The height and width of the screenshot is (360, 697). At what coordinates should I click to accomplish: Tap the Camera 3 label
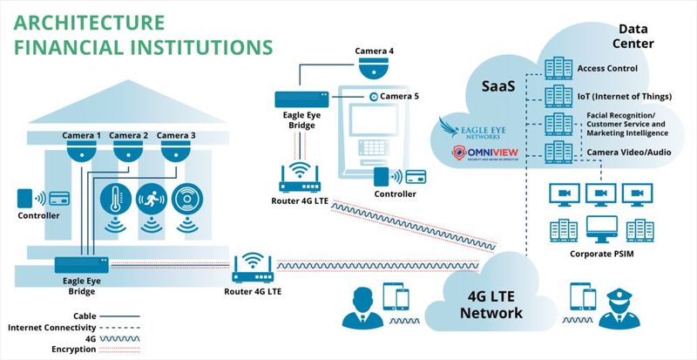(176, 135)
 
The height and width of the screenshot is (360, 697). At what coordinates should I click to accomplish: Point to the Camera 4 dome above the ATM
(374, 68)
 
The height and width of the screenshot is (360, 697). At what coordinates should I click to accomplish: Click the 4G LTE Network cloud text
(491, 304)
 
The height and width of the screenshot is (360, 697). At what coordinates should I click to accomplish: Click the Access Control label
(607, 68)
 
